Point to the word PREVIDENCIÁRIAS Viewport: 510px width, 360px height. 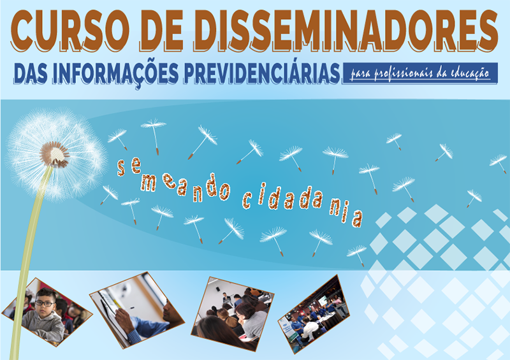coord(261,73)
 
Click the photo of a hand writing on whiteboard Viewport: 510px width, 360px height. coord(136,308)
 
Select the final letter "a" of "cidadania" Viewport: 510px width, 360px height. coord(358,219)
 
